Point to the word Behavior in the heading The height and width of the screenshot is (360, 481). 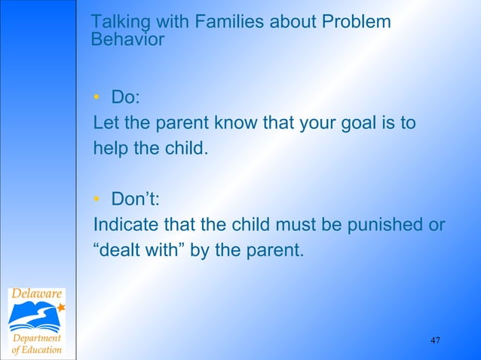(127, 40)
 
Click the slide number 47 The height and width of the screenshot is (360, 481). (435, 341)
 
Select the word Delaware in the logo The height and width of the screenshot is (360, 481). (36, 294)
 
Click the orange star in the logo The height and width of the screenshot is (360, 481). (61, 307)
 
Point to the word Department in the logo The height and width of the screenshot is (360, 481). (36, 337)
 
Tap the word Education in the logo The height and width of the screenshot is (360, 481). (42, 350)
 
